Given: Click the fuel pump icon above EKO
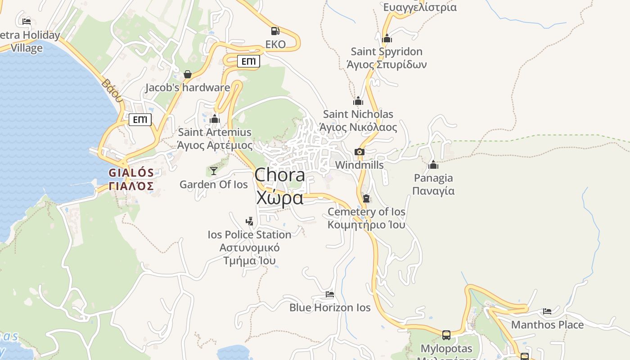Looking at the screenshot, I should click(275, 31).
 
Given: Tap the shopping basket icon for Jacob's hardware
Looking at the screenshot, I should click(188, 74).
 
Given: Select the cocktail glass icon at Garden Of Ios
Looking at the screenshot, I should click(213, 171).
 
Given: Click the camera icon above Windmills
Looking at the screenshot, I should click(359, 152).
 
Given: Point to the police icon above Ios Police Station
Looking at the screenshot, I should click(249, 221).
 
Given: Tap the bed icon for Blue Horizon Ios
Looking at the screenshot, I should click(330, 294).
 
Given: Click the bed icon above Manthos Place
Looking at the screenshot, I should click(547, 311).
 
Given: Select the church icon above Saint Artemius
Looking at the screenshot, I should click(215, 119).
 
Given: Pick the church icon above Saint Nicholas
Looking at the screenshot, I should click(358, 101).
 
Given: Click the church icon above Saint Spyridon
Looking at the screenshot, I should click(387, 38).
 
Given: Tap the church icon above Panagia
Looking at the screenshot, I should click(433, 165).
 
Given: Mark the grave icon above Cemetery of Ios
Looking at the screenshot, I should click(366, 198).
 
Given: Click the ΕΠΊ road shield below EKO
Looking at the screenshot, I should click(248, 61).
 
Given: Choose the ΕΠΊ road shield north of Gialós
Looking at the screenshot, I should click(140, 120).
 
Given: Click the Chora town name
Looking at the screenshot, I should click(279, 175).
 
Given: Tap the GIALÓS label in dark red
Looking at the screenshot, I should click(131, 173).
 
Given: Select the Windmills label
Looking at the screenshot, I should click(360, 165).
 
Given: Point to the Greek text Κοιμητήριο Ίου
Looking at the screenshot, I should click(366, 225).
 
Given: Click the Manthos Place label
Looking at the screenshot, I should click(547, 324).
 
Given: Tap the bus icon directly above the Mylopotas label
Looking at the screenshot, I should click(446, 335).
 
